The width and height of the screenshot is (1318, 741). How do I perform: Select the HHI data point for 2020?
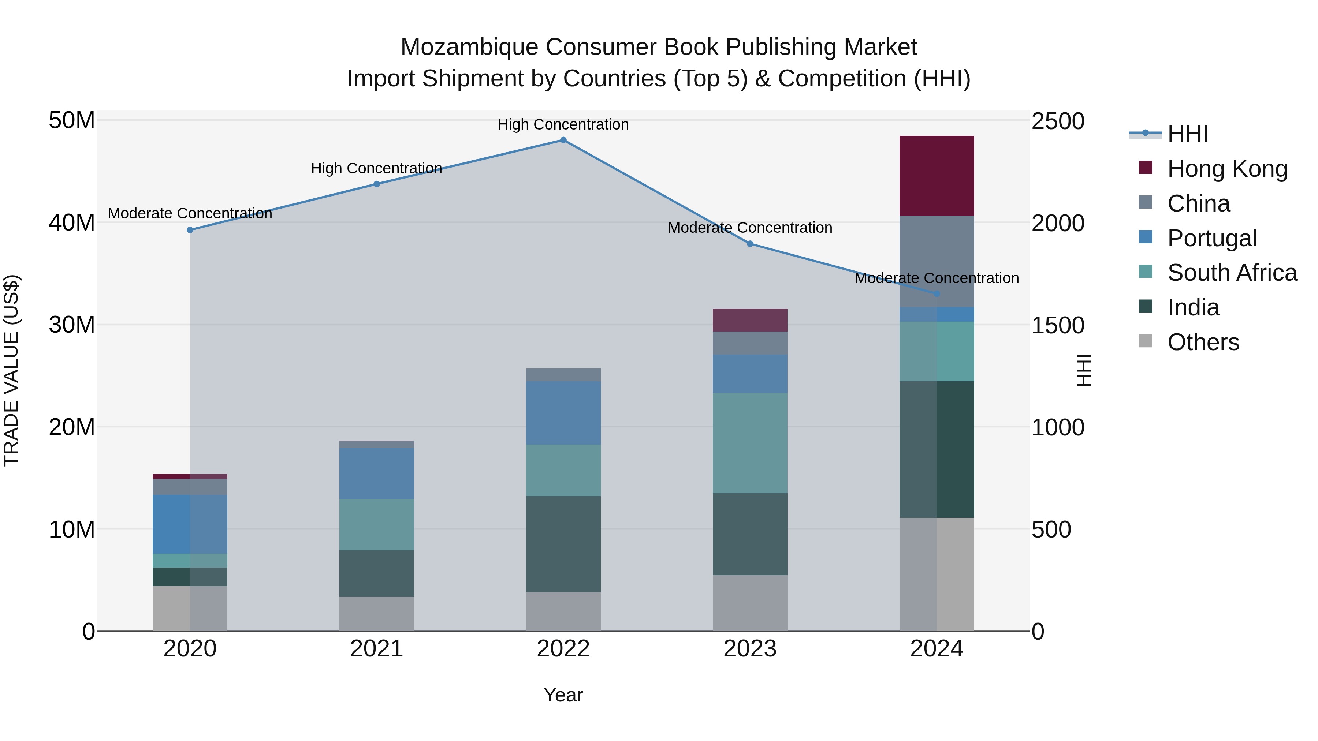(x=190, y=230)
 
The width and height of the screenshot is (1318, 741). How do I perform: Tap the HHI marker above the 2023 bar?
(x=750, y=244)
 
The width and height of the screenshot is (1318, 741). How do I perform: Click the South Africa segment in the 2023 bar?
(x=750, y=443)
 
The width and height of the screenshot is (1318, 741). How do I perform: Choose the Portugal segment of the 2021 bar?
(x=377, y=473)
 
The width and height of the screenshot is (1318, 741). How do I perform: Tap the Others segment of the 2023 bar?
(x=750, y=603)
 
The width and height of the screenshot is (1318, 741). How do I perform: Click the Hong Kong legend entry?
(x=1226, y=169)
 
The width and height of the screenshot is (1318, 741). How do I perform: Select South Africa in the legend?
(x=1232, y=273)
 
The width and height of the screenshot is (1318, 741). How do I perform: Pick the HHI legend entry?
(x=1187, y=134)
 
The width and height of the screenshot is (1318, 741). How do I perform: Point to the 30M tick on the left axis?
(x=72, y=325)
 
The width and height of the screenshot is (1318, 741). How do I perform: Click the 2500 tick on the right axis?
(x=1057, y=122)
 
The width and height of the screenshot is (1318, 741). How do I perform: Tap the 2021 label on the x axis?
(x=377, y=649)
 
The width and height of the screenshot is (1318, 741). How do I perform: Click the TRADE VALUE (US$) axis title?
(x=11, y=370)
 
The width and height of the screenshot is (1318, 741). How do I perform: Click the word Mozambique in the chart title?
(x=469, y=47)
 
